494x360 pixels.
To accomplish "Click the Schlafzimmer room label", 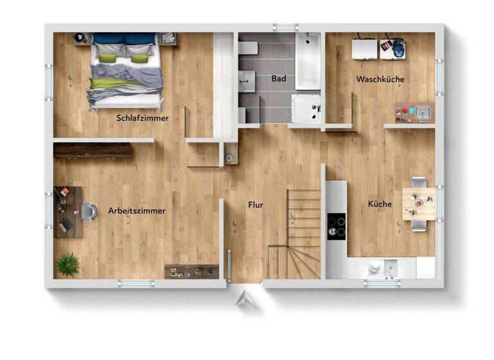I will click(x=142, y=118).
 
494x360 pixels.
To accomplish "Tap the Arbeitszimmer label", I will click(x=136, y=210).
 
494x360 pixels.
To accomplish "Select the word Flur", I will click(x=255, y=205).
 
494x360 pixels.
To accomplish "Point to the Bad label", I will click(x=278, y=79).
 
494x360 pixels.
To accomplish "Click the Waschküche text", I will click(x=380, y=80).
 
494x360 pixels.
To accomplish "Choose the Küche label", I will click(x=380, y=204).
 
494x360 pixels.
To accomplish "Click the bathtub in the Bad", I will click(x=307, y=60).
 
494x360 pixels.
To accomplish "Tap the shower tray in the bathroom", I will click(x=306, y=108).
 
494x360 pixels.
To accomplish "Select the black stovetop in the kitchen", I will click(x=336, y=226).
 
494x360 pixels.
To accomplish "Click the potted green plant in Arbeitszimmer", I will click(x=68, y=264).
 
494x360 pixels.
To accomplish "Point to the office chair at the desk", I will click(x=89, y=211).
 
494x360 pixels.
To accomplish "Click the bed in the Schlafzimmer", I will click(x=125, y=69).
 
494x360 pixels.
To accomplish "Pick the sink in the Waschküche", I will click(x=422, y=113).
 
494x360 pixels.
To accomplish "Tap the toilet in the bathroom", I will click(x=248, y=48).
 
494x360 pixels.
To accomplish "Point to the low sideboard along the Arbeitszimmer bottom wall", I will click(x=192, y=271).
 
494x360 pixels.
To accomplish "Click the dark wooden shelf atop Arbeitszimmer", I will click(x=93, y=150).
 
